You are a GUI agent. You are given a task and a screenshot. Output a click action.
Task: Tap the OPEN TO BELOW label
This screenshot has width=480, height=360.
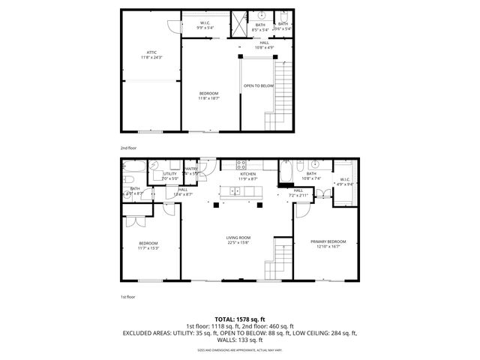point(258,85)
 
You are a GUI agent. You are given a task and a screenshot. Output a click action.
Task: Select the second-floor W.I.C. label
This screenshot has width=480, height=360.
point(205,23)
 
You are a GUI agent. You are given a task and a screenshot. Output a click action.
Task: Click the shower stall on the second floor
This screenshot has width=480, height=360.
point(239,23)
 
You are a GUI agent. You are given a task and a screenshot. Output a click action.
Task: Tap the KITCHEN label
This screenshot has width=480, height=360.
point(248,174)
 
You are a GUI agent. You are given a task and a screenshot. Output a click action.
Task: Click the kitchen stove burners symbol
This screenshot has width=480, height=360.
point(241,164)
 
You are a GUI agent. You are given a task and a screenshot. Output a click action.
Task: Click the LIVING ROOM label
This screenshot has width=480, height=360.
point(238,238)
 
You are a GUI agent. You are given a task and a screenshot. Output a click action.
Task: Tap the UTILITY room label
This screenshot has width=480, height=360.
point(170,174)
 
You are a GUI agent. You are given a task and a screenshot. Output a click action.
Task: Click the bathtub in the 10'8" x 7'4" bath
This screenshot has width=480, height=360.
point(287,175)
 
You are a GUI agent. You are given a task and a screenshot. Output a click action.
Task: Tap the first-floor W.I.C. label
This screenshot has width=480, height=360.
point(345,178)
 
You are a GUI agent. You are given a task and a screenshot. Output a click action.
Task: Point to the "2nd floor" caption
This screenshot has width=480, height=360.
point(128,148)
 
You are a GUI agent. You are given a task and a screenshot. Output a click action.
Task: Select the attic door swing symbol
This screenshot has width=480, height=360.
point(172,25)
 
